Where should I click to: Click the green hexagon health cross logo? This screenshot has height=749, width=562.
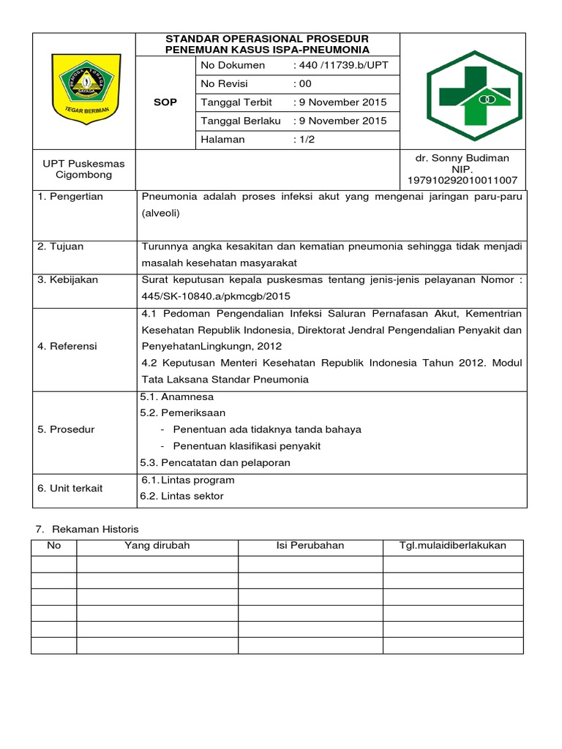coord(473,90)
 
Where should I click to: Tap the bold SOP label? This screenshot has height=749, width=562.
coord(165,102)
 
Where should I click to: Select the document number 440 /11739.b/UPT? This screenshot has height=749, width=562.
coord(340,66)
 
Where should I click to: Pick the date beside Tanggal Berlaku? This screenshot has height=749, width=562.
coord(340,121)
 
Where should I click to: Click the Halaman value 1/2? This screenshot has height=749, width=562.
coord(304,140)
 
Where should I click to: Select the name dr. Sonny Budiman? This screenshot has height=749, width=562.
coord(462,158)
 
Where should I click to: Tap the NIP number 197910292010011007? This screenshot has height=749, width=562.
coord(462,180)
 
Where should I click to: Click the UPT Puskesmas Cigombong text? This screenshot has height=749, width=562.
coord(84,170)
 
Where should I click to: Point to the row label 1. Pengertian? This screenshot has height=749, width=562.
coord(70,197)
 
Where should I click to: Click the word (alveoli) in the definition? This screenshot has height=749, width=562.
coord(160,214)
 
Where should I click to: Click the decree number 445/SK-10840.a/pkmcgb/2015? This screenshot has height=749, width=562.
coord(217,296)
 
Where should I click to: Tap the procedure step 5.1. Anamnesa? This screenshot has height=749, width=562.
coord(177,397)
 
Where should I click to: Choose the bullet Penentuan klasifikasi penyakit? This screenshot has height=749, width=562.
coord(247,446)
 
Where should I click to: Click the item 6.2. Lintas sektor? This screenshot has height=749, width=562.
coord(182,496)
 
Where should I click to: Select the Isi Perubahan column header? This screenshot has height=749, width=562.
coord(310,546)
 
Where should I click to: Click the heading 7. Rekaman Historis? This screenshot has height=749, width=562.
coord(88,529)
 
